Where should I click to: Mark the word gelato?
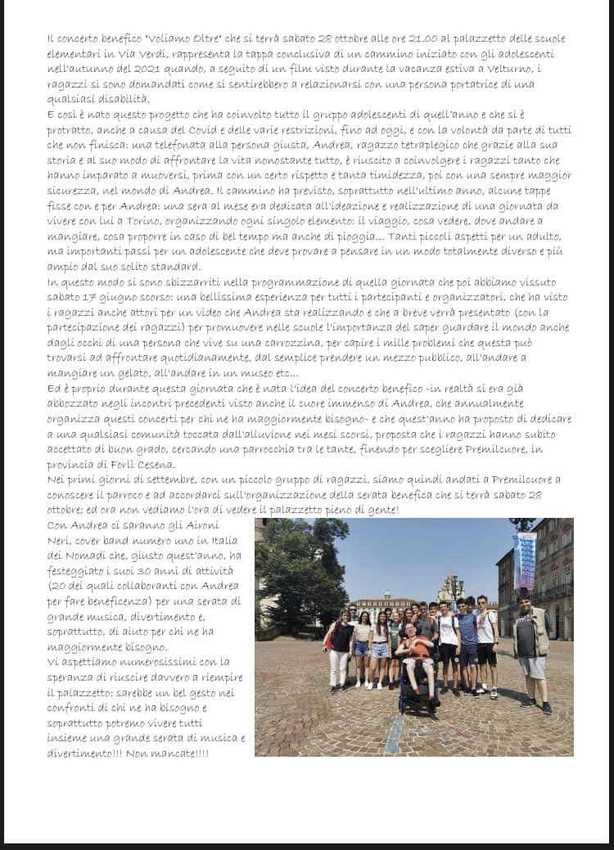pyautogui.click(x=124, y=374)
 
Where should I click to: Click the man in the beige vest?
pyautogui.click(x=530, y=646)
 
